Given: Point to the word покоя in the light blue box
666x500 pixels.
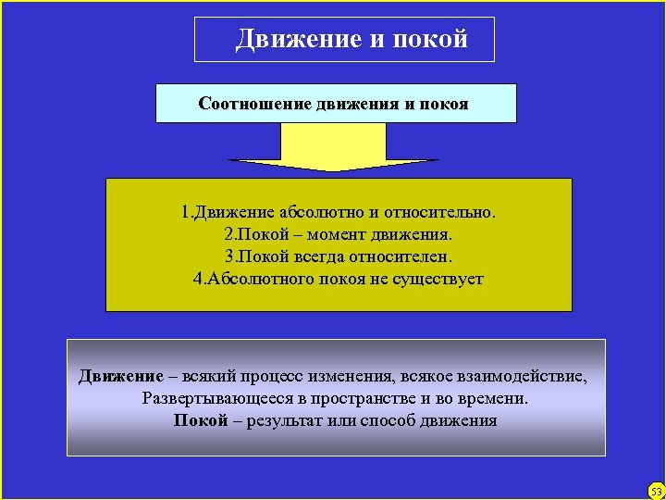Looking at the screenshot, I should (445, 103).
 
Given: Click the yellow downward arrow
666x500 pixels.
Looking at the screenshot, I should (333, 148).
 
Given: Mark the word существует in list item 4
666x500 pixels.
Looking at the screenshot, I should (439, 279).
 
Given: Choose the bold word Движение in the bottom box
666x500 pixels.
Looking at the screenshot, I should (120, 376).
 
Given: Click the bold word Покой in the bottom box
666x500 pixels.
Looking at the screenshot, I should (201, 420).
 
